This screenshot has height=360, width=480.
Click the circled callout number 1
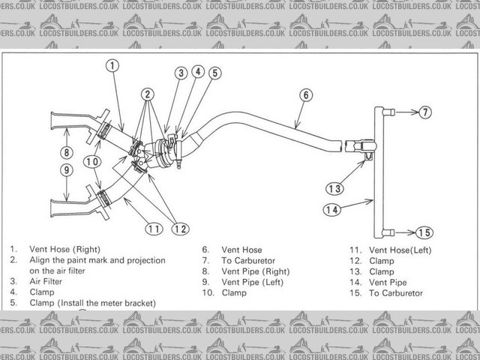click(111, 65)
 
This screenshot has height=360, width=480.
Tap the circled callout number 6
click(306, 95)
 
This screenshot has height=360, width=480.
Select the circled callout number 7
click(425, 112)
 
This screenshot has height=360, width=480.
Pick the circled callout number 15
click(424, 232)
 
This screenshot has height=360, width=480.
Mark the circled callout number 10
click(93, 160)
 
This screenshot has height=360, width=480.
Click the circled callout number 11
click(154, 228)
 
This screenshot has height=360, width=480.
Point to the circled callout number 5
click(214, 73)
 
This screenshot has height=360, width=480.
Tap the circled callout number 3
click(181, 73)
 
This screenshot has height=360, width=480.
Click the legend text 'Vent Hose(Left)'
click(400, 249)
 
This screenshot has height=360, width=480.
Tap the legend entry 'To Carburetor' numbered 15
click(396, 292)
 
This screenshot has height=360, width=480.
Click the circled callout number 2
click(148, 94)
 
